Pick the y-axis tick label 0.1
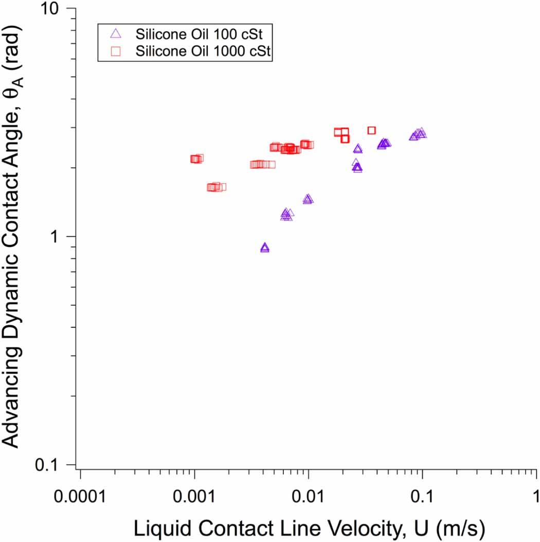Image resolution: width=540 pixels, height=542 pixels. [x=55, y=465]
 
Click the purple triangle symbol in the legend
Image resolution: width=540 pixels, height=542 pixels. [x=116, y=34]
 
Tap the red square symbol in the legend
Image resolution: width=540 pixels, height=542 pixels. [x=116, y=51]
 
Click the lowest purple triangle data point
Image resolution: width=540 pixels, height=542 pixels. [x=265, y=248]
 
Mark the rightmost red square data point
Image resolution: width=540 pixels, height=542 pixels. [x=371, y=130]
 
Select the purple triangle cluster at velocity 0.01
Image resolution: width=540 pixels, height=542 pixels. [x=308, y=199]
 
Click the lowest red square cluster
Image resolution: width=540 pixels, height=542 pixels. [x=216, y=187]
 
